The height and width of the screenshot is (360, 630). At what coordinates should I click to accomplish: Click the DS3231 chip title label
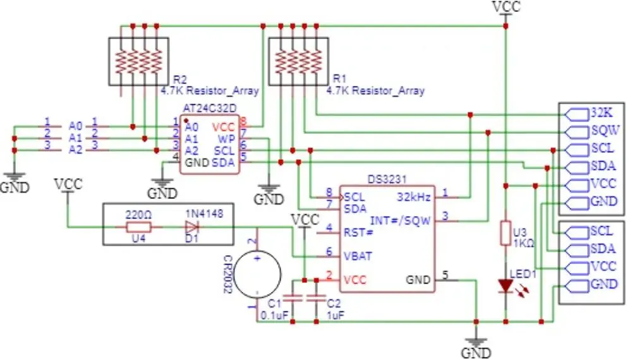[x=387, y=179]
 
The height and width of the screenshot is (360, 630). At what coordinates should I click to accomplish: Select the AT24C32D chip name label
[x=210, y=109]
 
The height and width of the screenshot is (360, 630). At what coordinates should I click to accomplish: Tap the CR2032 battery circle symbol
[x=257, y=275]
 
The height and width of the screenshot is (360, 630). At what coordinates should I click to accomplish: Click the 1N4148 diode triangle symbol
[x=192, y=227]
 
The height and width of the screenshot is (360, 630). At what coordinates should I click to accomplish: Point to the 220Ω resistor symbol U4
[x=138, y=227]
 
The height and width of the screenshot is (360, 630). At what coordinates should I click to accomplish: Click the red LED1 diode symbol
[x=506, y=285]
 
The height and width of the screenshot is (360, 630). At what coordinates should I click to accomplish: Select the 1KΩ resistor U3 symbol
[x=506, y=233]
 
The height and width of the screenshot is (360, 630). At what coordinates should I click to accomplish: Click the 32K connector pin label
[x=602, y=113]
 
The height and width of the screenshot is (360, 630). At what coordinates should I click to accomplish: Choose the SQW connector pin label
[x=605, y=131]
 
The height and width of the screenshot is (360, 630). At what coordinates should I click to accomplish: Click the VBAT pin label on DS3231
[x=358, y=256]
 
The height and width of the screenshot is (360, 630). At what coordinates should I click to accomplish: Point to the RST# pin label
[x=358, y=232]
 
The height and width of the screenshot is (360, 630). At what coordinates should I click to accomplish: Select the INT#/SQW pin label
[x=400, y=220]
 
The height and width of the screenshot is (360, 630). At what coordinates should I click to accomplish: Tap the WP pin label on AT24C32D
[x=226, y=139]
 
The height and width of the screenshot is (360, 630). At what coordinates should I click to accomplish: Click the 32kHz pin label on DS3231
[x=414, y=197]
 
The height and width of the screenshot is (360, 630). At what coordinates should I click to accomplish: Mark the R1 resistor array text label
[x=339, y=79]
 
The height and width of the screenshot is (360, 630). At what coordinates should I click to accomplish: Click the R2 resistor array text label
[x=180, y=79]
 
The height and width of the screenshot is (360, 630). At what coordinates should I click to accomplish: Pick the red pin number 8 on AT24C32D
[x=243, y=121]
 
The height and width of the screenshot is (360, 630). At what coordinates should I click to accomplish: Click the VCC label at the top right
[x=506, y=6]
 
